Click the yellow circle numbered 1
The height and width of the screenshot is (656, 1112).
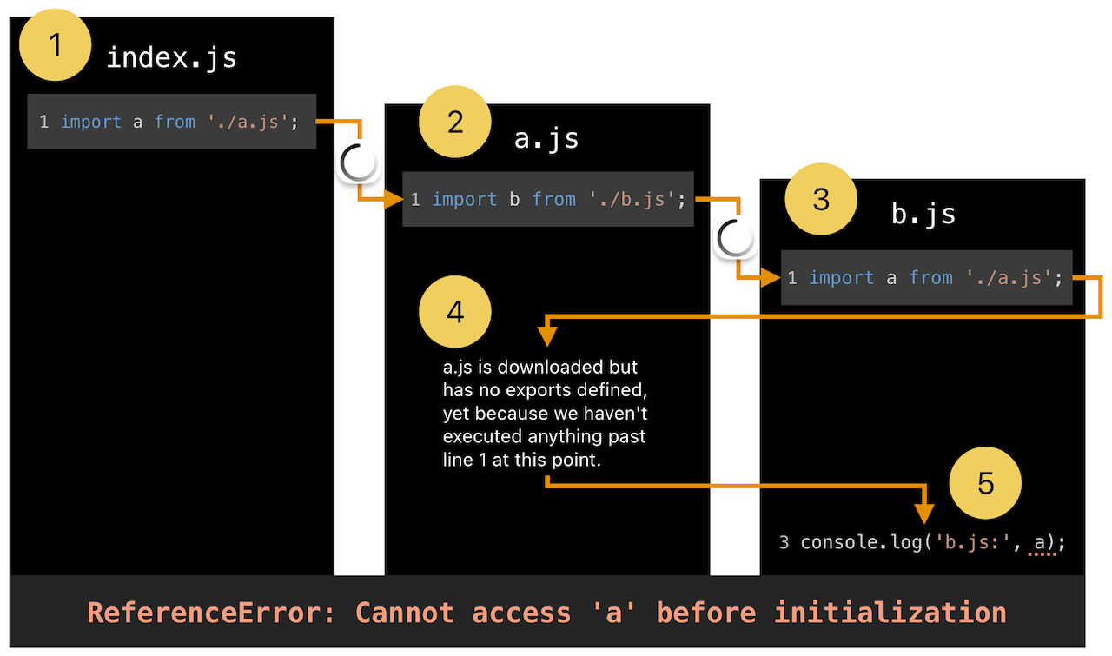coord(55,44)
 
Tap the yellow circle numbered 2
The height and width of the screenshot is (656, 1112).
coord(455,122)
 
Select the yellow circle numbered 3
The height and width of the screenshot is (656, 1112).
coord(821,199)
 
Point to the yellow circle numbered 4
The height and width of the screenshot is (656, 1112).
coord(455,312)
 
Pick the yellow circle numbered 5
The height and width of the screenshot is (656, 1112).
coord(985,483)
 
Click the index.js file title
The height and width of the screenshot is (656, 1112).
coord(172,58)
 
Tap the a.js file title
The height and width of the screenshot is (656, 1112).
coord(546,138)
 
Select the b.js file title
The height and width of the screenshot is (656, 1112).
coord(923,215)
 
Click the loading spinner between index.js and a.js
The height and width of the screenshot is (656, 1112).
coord(359,162)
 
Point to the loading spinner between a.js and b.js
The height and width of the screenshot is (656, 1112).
coord(735,237)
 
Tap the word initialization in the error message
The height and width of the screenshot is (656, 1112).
coord(890,613)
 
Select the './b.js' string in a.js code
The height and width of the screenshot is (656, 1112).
coord(632,200)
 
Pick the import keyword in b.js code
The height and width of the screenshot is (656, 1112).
coord(842,277)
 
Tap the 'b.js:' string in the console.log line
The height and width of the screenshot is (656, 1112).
coord(971,542)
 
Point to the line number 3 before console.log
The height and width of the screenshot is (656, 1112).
coord(784,542)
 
